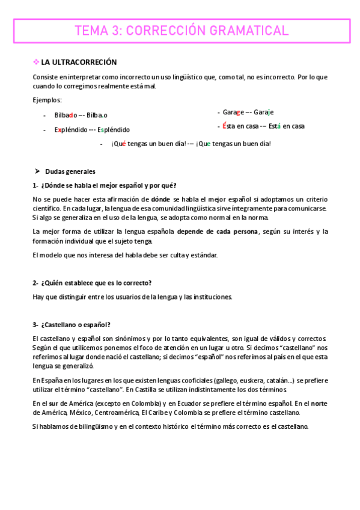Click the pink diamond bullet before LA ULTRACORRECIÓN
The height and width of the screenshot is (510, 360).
[35, 62]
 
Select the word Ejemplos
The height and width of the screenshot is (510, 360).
[47, 100]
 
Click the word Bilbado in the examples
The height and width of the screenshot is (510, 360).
[66, 115]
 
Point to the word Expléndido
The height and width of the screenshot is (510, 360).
[70, 129]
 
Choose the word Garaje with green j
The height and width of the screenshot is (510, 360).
[263, 112]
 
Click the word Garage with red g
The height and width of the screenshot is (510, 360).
[233, 112]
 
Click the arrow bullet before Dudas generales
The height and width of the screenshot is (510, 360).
[37, 171]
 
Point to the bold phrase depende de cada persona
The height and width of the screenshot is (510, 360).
[218, 232]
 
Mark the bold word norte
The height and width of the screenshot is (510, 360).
[320, 404]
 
